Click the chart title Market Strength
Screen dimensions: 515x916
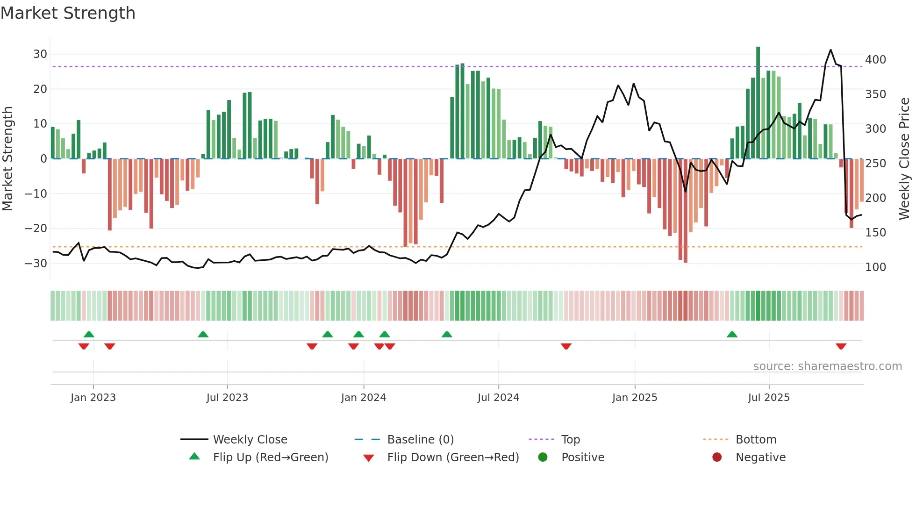pyautogui.click(x=68, y=13)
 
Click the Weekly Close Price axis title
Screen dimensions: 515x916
pyautogui.click(x=904, y=159)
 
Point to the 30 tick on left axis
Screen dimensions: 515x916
pyautogui.click(x=40, y=54)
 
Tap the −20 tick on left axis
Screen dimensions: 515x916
pyautogui.click(x=36, y=229)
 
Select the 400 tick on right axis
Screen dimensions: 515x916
pyautogui.click(x=875, y=60)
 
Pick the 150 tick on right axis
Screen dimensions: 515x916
pyautogui.click(x=875, y=233)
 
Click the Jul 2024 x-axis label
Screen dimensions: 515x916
pyautogui.click(x=498, y=398)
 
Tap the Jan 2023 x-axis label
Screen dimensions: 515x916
pyautogui.click(x=93, y=398)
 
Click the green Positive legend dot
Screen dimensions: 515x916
pyautogui.click(x=543, y=458)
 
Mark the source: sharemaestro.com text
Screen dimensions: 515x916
pyautogui.click(x=827, y=366)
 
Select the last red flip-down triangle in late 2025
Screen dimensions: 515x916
pyautogui.click(x=841, y=346)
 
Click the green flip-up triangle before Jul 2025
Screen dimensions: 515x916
pyautogui.click(x=732, y=334)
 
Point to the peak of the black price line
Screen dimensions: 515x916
pyautogui.click(x=830, y=50)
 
